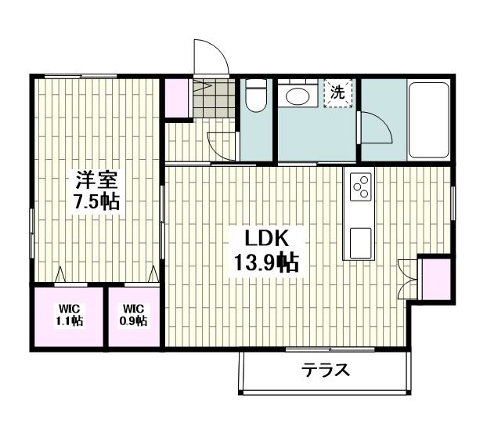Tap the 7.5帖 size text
tap(96, 201)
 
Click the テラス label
tap(326, 371)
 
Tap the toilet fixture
tap(255, 99)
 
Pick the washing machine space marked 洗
tap(338, 92)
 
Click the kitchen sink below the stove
tap(361, 241)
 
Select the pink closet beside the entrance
tap(177, 99)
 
